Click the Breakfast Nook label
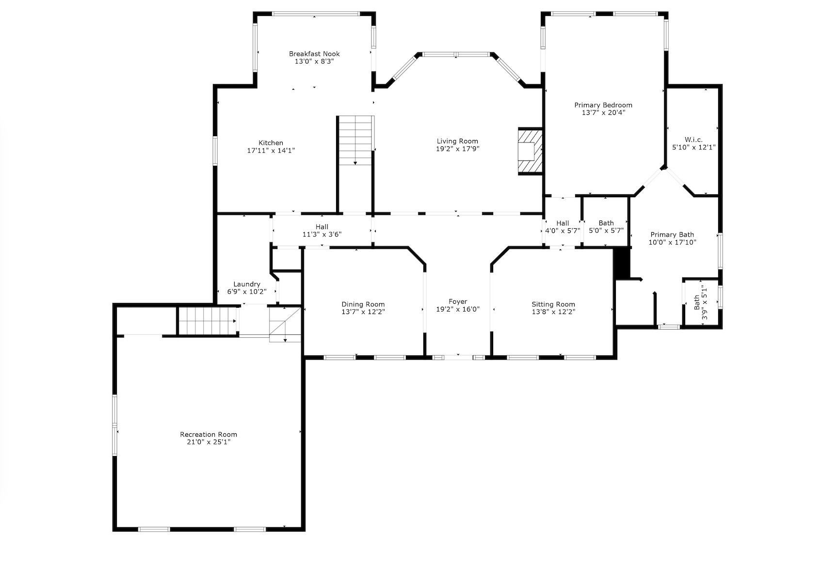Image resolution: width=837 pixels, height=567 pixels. click(314, 54)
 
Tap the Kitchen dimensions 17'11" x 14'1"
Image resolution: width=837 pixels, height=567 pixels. click(271, 151)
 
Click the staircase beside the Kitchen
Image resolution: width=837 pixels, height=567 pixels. click(356, 141)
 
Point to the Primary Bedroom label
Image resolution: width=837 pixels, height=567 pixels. click(603, 105)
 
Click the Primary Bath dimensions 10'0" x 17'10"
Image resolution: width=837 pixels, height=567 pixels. click(672, 242)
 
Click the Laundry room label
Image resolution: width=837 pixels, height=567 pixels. click(247, 284)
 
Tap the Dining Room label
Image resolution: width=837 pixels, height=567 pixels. click(363, 304)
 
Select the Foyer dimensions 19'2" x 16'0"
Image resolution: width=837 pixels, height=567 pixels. click(458, 309)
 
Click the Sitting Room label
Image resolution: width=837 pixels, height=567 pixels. click(553, 304)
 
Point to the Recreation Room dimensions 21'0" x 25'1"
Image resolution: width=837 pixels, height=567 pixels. click(209, 442)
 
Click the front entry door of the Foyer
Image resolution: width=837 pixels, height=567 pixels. click(458, 358)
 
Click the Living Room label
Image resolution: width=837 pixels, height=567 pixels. click(457, 141)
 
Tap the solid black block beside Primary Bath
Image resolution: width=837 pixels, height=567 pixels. click(621, 263)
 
